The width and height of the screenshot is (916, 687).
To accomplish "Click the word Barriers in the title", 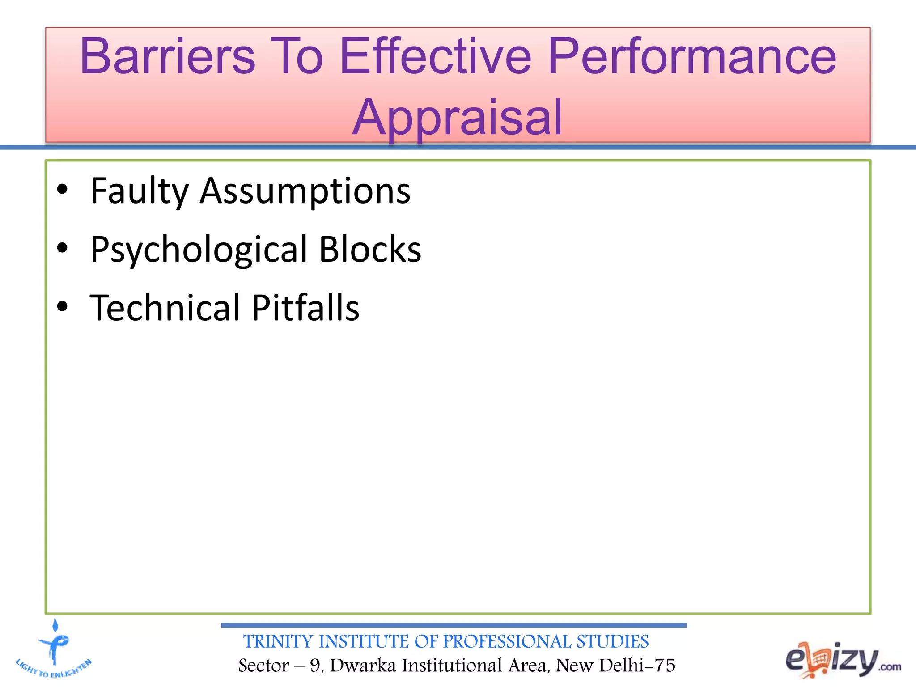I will click(168, 57).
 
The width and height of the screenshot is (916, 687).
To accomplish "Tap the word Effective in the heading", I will click(435, 57).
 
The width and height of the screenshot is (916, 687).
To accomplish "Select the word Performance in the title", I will click(691, 57).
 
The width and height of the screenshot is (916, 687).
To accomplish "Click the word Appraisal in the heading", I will click(457, 118).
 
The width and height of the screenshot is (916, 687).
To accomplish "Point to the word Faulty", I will click(140, 191).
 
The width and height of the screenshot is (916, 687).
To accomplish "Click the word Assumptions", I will click(305, 191).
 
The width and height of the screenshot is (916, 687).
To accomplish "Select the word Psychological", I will click(199, 250).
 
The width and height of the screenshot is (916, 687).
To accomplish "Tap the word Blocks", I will click(370, 249).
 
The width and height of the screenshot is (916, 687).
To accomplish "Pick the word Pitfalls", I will click(305, 308).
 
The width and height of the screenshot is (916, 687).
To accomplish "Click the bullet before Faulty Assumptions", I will click(62, 190).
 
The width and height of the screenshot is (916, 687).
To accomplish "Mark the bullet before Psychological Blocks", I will click(62, 248).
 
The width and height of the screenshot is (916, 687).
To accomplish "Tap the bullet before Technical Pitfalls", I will click(62, 307).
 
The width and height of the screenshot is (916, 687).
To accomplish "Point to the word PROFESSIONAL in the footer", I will click(507, 641).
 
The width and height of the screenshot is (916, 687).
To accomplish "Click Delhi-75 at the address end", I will click(637, 666).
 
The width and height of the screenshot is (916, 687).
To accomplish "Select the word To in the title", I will click(297, 57).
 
